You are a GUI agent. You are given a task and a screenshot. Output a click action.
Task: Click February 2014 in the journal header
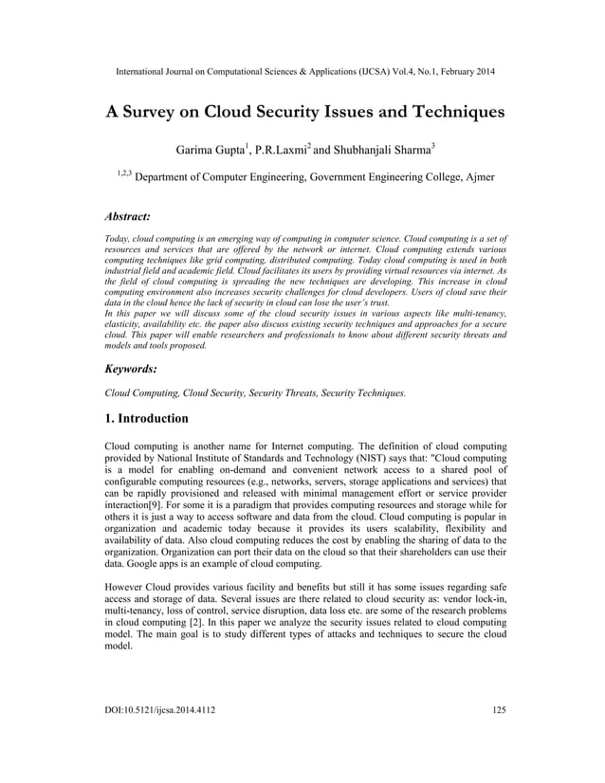coord(464,72)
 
